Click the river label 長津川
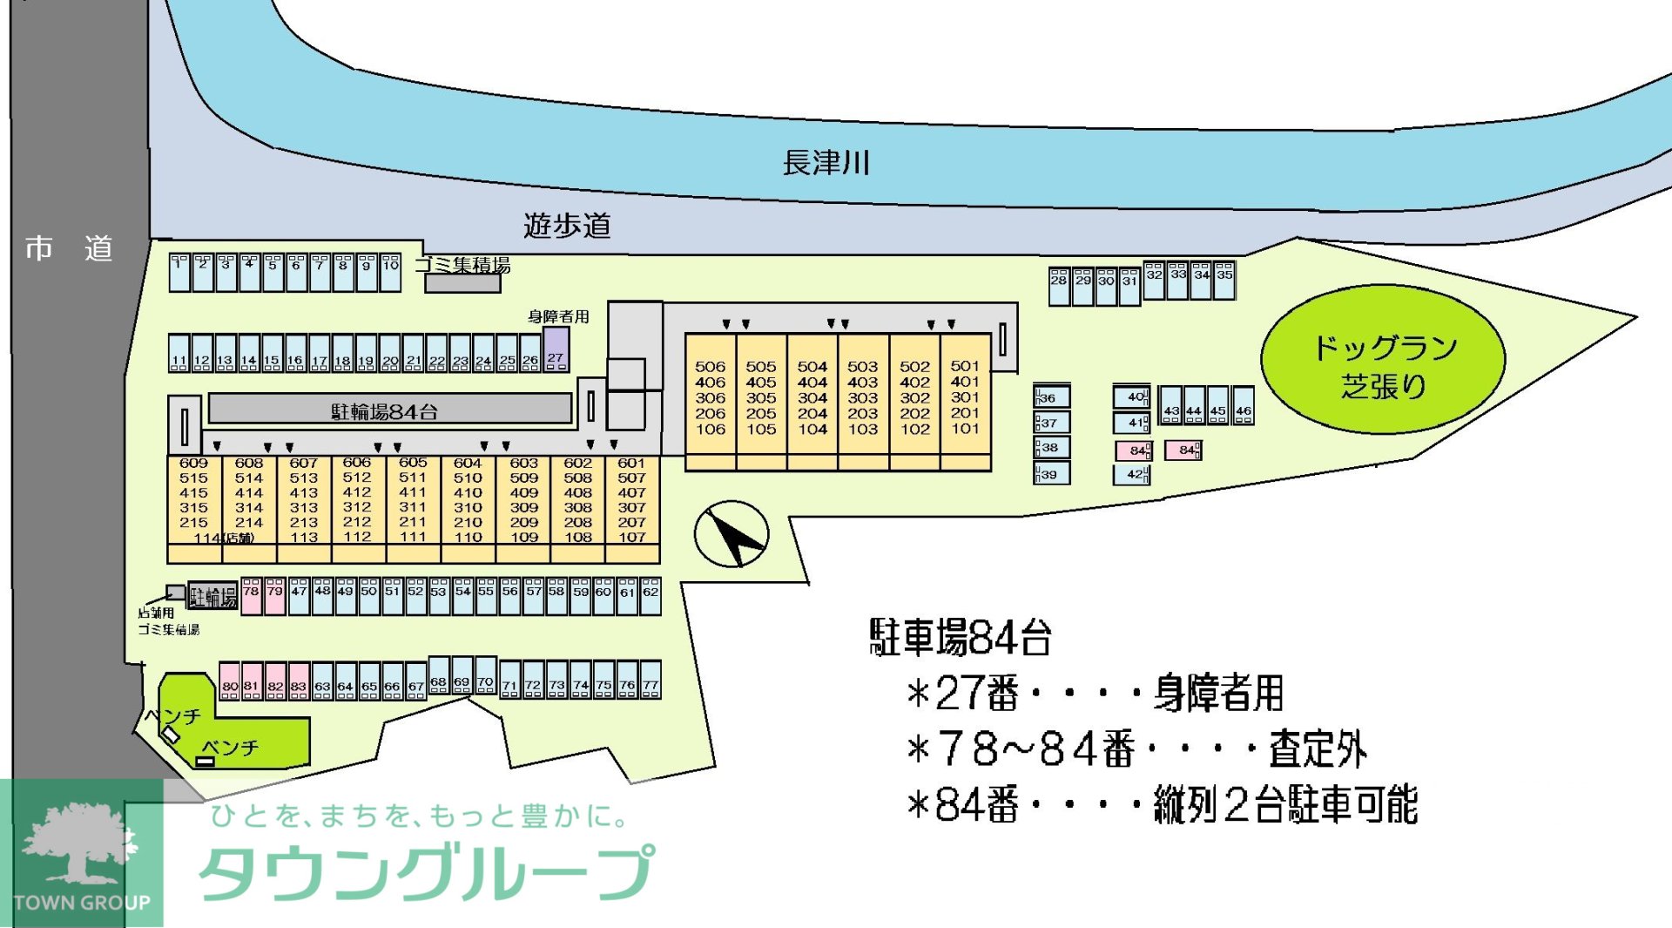point(826,163)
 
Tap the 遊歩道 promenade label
point(567,226)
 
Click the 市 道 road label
point(69,249)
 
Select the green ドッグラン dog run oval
point(1383,359)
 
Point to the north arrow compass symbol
point(731,534)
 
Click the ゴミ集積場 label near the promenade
point(462,265)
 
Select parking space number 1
point(179,273)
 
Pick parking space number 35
point(1224,280)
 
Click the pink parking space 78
point(251,596)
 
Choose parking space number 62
point(651,596)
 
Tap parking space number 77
point(651,681)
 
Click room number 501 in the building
point(965,366)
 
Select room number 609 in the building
point(193,463)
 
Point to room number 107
point(632,537)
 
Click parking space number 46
point(1244,405)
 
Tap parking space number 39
point(1051,474)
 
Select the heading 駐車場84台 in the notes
point(961,637)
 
